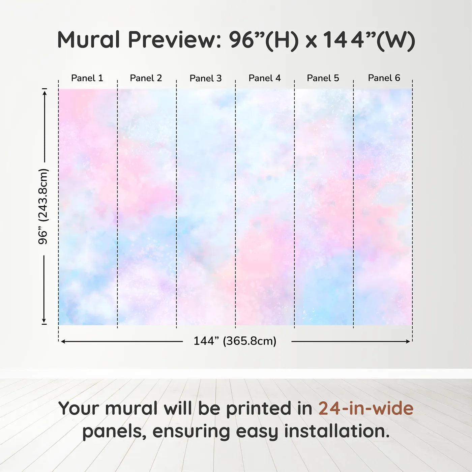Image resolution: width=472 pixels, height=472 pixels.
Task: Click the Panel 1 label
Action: pos(87,78)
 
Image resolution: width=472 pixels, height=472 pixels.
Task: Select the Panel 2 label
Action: pos(146,78)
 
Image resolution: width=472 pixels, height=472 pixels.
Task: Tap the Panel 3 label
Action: pos(206,78)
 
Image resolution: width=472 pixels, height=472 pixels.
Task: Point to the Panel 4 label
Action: pos(265,78)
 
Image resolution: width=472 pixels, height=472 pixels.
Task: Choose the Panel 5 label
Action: pos(323,78)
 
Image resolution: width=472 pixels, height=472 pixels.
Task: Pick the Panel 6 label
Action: pos(384,78)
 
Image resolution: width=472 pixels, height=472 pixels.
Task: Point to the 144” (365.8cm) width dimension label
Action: pos(235,341)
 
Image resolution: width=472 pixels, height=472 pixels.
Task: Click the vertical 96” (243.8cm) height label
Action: pos(43,206)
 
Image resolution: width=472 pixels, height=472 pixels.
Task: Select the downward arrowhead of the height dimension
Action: pos(44,320)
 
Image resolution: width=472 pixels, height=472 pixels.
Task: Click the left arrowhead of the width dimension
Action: pos(63,342)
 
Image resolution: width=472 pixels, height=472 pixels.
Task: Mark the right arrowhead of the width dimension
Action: pos(408,342)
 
